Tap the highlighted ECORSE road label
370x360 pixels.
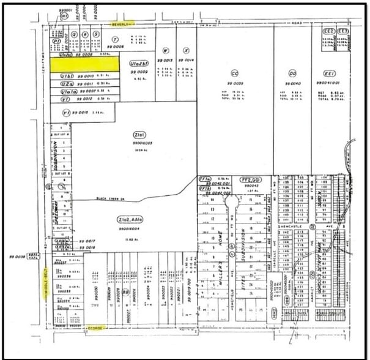click(95, 328)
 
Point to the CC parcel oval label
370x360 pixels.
click(234, 72)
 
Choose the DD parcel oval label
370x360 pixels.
click(292, 72)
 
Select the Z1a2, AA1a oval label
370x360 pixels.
click(138, 219)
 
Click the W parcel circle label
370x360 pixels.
click(165, 50)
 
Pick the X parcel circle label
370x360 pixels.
click(186, 50)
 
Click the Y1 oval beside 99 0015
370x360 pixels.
click(67, 112)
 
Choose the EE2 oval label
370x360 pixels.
click(328, 30)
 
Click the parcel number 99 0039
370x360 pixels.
click(234, 83)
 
